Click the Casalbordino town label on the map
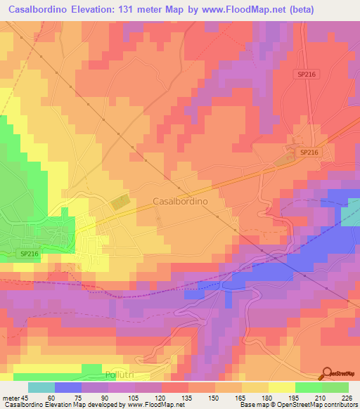point(189,200)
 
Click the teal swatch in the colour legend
point(41,387)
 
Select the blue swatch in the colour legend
point(67,387)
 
